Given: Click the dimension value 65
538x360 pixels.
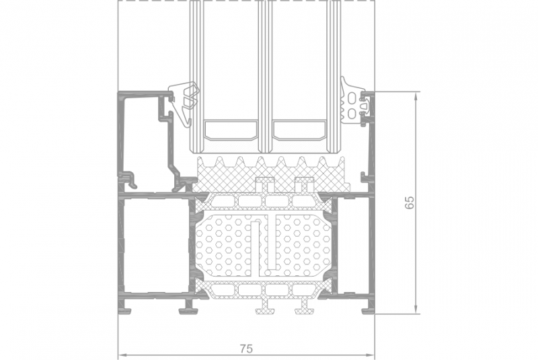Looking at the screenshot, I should point(410,203).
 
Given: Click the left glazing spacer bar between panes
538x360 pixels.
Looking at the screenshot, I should point(231,129).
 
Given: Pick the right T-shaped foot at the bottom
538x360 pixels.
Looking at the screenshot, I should point(304,306).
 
